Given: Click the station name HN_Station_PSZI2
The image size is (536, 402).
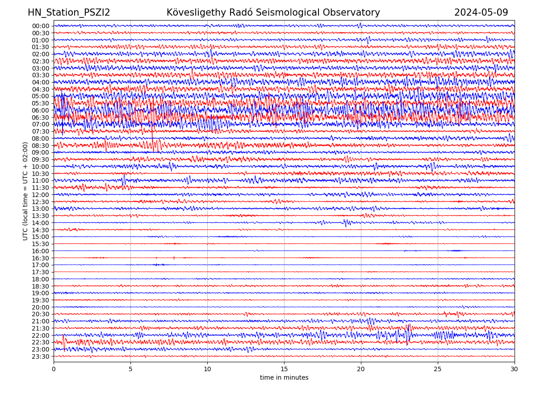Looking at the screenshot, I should click(69, 13).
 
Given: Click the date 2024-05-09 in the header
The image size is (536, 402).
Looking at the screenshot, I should click(481, 13).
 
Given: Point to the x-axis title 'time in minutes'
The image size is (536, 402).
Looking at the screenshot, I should click(284, 378).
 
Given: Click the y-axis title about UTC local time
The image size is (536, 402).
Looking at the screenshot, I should click(25, 191).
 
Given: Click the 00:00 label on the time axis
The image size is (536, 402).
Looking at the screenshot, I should click(41, 26).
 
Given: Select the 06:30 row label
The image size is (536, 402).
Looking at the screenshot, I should click(41, 117).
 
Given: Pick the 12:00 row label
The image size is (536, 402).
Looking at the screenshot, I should click(41, 195).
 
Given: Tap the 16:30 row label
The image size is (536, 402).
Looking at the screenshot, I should click(41, 258).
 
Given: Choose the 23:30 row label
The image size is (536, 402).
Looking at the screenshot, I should click(41, 356).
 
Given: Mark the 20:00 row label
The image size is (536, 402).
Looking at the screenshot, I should click(41, 307).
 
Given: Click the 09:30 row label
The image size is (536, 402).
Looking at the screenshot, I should click(41, 159).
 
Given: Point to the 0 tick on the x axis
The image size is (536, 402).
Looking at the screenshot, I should click(54, 369).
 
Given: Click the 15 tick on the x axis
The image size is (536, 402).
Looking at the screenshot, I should click(284, 369).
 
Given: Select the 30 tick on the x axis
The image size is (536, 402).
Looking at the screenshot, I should click(515, 369).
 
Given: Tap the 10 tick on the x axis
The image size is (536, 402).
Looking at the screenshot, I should click(207, 369).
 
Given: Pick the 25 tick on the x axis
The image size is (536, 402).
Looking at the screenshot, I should click(438, 369).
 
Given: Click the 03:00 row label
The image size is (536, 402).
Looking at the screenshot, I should click(41, 68).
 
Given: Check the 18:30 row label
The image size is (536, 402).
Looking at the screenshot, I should click(41, 286).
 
